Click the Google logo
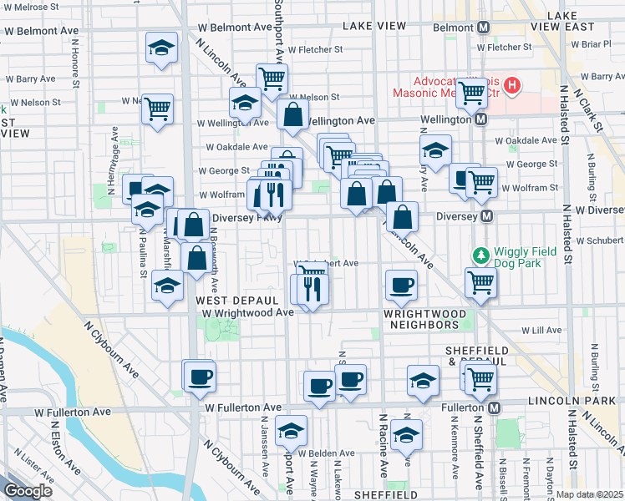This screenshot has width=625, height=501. click(x=28, y=491)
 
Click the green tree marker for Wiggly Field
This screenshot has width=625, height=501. click(x=480, y=254)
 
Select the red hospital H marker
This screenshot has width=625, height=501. click(x=511, y=85)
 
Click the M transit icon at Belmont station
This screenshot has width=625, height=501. click(x=483, y=28)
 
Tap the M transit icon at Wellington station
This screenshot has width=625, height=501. click(x=481, y=120)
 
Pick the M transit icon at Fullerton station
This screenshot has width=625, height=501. click(x=494, y=407)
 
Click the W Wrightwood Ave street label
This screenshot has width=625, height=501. click(x=248, y=312)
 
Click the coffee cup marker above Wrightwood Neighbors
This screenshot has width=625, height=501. click(x=401, y=286)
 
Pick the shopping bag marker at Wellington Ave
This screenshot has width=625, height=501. click(x=292, y=117)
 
